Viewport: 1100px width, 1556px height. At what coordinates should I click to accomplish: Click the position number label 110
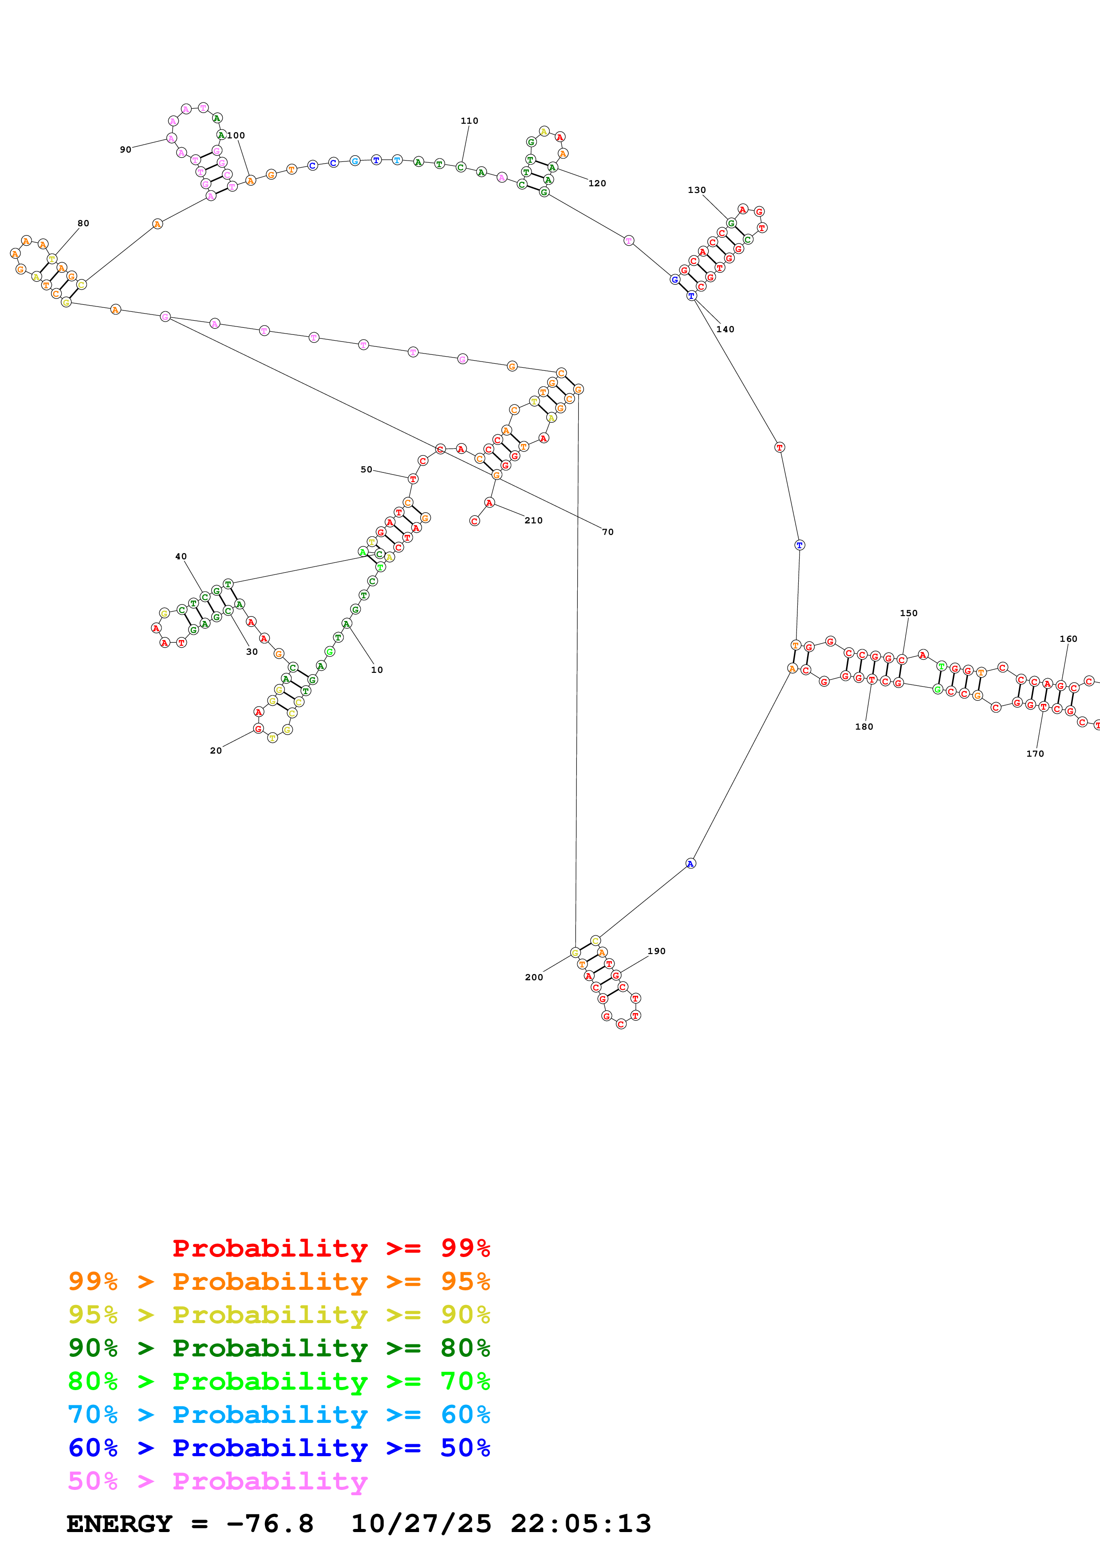[x=469, y=121]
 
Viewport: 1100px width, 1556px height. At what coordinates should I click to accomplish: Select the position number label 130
[x=697, y=190]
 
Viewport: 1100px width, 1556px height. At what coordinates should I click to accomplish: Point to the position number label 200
[x=534, y=977]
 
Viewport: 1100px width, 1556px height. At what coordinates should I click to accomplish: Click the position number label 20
[x=216, y=750]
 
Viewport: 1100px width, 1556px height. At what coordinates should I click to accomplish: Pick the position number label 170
[x=1035, y=754]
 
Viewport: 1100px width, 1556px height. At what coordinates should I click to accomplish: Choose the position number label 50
[x=366, y=469]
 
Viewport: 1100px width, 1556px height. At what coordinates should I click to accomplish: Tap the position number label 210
[x=533, y=520]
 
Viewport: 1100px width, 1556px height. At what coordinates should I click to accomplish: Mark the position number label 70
[x=608, y=532]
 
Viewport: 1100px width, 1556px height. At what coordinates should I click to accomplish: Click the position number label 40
[x=181, y=556]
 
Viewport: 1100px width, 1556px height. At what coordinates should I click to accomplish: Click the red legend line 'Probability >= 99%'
[x=331, y=1248]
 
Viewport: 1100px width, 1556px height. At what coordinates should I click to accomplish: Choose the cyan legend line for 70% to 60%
[x=279, y=1415]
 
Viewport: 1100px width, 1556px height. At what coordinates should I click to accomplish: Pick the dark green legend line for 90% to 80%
[x=279, y=1348]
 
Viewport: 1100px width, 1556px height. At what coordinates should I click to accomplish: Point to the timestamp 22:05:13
[x=581, y=1524]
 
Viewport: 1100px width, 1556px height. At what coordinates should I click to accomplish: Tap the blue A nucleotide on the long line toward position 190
[x=690, y=864]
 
